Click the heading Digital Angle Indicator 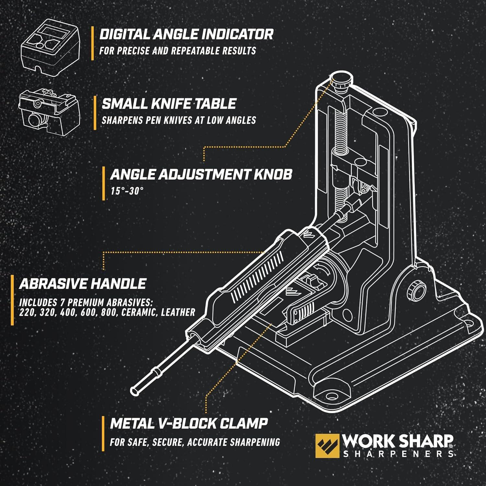click(186, 34)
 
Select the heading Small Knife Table click(169, 104)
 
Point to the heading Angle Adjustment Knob click(201, 174)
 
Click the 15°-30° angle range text click(127, 191)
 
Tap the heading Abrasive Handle click(83, 284)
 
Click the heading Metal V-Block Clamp click(189, 423)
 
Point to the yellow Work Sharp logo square click(327, 446)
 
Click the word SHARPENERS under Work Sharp click(398, 454)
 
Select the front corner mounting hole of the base click(331, 396)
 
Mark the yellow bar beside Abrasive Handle click(12, 300)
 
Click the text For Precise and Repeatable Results click(178, 51)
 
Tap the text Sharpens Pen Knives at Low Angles click(179, 120)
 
